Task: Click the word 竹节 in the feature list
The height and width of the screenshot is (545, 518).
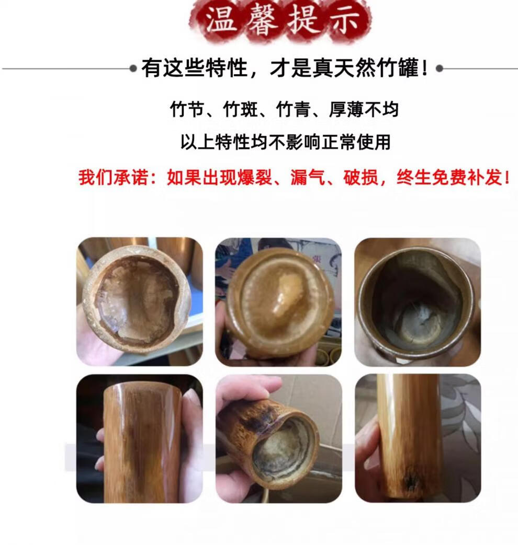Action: point(187,110)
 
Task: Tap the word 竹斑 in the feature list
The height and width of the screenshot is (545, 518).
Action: point(240,110)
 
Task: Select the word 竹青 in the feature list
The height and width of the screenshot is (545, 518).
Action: point(293,110)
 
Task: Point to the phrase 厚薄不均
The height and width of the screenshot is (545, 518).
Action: point(364,110)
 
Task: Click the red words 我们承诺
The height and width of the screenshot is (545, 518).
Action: point(113,177)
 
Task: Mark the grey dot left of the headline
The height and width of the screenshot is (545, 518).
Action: point(133,68)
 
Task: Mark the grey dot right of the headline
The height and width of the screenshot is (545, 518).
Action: point(440,68)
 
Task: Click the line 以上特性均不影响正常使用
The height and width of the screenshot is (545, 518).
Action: point(286,142)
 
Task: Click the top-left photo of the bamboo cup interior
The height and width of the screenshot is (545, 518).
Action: point(139,302)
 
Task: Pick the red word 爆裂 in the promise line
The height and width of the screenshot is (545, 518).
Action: point(254,177)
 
